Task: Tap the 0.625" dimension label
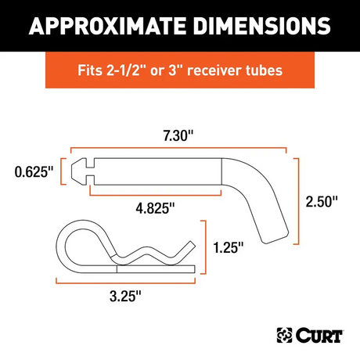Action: pos(33,170)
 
